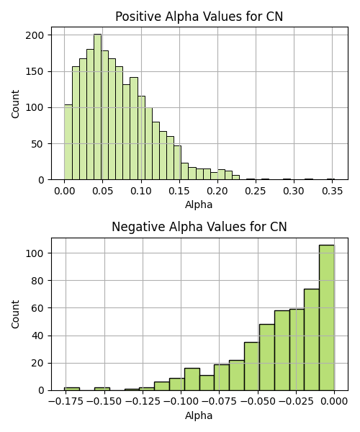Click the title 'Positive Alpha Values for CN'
pos(199,17)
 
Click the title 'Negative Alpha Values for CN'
pos(199,227)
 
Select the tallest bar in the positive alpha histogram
pos(97,107)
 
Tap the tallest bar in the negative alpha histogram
pos(327,318)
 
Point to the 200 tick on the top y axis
pos(35,35)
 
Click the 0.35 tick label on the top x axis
pos(332,191)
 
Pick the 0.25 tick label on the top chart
pos(256,191)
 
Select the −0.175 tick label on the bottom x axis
pos(66,401)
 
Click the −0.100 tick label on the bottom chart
pos(181,401)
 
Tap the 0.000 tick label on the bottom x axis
pos(334,401)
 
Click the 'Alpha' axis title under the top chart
pos(199,204)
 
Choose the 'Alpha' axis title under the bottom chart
pos(199,415)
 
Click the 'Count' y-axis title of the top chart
pos(15,104)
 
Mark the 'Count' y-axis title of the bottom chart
pos(15,315)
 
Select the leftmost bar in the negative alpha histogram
pos(72,389)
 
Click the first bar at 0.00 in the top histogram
pos(68,142)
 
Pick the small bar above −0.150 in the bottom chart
pos(102,389)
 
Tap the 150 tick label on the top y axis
pos(35,71)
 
